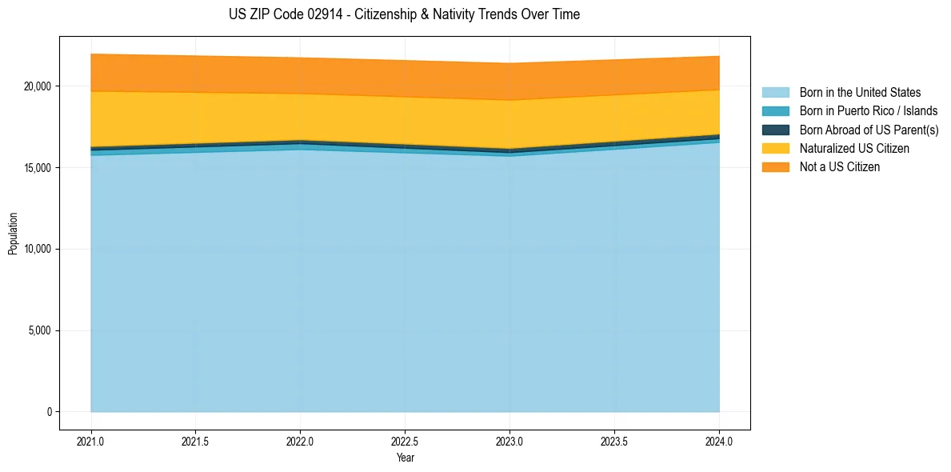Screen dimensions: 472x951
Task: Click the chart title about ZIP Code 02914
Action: pos(404,14)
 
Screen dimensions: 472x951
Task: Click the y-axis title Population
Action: pos(13,234)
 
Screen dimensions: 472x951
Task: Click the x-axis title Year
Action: pos(405,458)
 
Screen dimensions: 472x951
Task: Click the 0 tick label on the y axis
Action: pos(49,412)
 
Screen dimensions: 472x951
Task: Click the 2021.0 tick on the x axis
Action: pos(91,441)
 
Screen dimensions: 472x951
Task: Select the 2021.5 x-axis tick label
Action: pos(196,441)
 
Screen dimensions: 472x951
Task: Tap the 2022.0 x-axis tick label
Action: pos(300,441)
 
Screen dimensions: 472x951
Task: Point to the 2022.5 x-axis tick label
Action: pos(405,441)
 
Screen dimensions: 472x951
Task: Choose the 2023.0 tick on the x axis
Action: pos(509,441)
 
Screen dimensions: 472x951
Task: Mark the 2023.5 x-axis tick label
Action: pos(614,441)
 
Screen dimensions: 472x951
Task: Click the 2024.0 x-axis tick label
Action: pos(719,441)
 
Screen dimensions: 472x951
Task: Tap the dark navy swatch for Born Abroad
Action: pos(775,130)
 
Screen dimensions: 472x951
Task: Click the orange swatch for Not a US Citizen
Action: pos(775,167)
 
